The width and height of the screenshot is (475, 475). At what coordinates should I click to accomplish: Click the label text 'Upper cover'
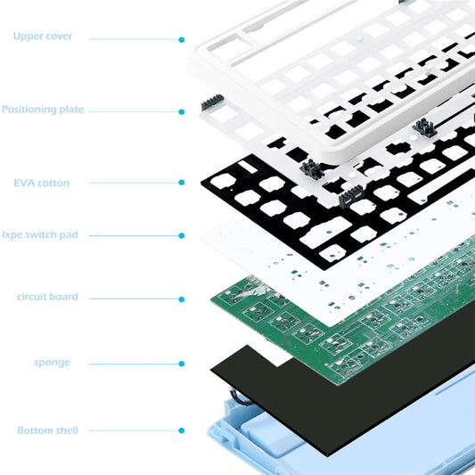tap(43, 37)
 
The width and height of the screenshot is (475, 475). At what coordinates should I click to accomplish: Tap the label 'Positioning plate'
tap(43, 110)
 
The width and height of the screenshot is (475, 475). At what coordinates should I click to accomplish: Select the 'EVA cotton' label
tap(41, 183)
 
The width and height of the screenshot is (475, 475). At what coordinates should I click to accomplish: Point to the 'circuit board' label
tap(47, 297)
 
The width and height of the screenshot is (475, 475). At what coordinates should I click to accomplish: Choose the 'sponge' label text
tap(53, 363)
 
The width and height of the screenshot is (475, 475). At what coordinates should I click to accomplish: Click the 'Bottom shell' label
tap(47, 430)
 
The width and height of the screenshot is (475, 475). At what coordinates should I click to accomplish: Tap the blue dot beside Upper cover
tap(182, 40)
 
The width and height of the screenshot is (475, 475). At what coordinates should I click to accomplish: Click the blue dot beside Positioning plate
tap(182, 112)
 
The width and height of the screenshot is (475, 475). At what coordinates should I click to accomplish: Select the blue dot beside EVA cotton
tap(182, 183)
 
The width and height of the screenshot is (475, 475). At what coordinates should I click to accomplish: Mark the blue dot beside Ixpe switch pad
tap(182, 236)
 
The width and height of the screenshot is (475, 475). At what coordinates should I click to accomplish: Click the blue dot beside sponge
tap(182, 363)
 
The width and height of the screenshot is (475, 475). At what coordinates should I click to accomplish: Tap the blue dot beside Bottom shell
tap(182, 430)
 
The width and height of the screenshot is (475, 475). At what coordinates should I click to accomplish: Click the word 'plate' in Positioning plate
tap(70, 110)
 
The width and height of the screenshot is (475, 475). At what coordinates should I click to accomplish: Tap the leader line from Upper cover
tap(134, 40)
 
